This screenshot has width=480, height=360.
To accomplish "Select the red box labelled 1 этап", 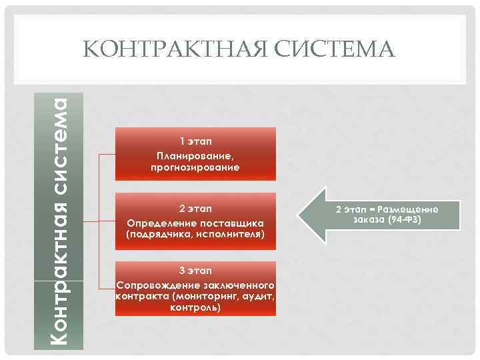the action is pos(195,154).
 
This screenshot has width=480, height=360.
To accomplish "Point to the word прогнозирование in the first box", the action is pos(195,167).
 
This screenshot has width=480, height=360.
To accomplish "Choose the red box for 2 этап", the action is pos(195,221).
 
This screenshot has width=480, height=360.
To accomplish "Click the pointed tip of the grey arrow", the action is pos(297,215).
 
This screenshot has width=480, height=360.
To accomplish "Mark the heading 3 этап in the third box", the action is pos(195,270).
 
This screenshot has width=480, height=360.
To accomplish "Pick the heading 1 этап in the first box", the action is pos(195,141).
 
